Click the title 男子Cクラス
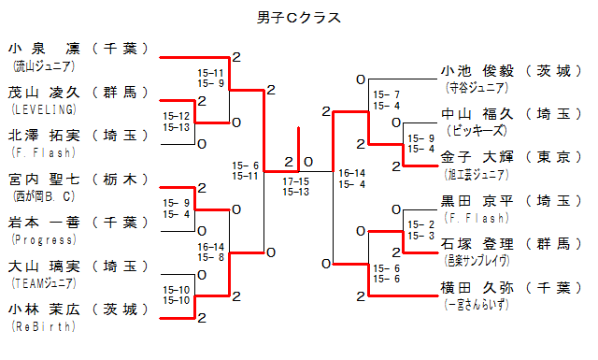tap(299, 18)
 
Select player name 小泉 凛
tap(44, 49)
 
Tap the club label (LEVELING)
tap(44, 109)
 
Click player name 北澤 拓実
tap(44, 136)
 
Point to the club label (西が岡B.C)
tap(44, 196)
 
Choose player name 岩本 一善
tap(44, 223)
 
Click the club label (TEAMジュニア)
tap(44, 283)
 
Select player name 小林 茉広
tap(44, 310)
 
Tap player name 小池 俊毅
tap(477, 71)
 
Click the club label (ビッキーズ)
tap(477, 131)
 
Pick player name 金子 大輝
tap(477, 157)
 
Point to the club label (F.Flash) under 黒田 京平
tap(477, 218)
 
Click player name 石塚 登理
tap(477, 244)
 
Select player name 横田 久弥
tap(477, 288)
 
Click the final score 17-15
tap(296, 181)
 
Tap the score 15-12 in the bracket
tap(177, 116)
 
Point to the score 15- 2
tap(421, 224)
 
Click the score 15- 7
tap(386, 94)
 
